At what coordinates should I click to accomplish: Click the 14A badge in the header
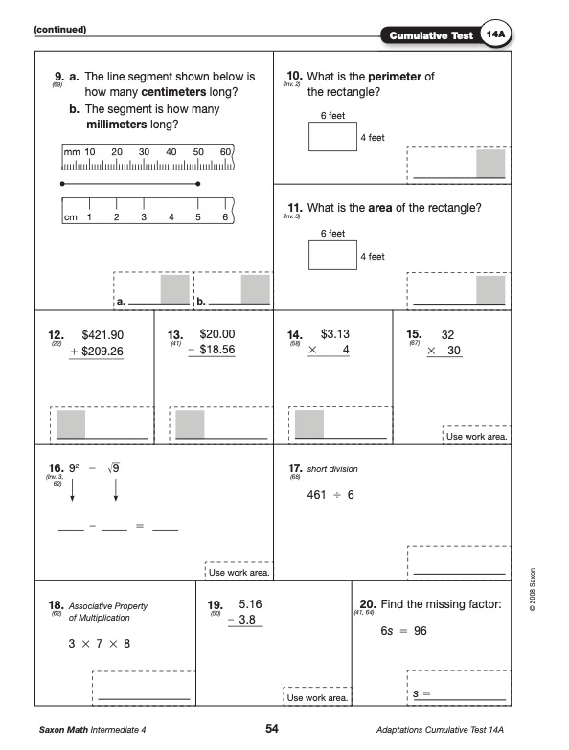pyautogui.click(x=495, y=34)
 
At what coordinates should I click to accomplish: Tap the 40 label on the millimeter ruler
pyautogui.click(x=171, y=152)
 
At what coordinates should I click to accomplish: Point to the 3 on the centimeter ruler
pyautogui.click(x=144, y=217)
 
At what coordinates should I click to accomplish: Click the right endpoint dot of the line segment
pyautogui.click(x=198, y=184)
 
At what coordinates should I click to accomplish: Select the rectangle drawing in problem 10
pyautogui.click(x=332, y=137)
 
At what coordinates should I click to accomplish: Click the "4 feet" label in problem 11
pyautogui.click(x=373, y=257)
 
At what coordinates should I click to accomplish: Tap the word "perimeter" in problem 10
pyautogui.click(x=395, y=77)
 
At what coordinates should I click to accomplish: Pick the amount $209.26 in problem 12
pyautogui.click(x=102, y=352)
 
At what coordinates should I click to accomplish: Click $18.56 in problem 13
pyautogui.click(x=217, y=350)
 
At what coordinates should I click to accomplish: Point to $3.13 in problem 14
pyautogui.click(x=334, y=334)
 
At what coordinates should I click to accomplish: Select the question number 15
pyautogui.click(x=414, y=334)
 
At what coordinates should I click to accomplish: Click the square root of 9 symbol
pyautogui.click(x=114, y=468)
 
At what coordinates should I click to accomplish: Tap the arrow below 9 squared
pyautogui.click(x=72, y=490)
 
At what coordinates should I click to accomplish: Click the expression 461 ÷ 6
pyautogui.click(x=330, y=495)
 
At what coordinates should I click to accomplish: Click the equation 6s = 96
pyautogui.click(x=403, y=631)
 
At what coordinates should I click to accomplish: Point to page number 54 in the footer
pyautogui.click(x=272, y=729)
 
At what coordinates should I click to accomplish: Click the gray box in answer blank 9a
pyautogui.click(x=175, y=289)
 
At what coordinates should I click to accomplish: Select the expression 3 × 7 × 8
pyautogui.click(x=100, y=644)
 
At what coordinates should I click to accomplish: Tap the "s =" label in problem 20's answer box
pyautogui.click(x=421, y=693)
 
